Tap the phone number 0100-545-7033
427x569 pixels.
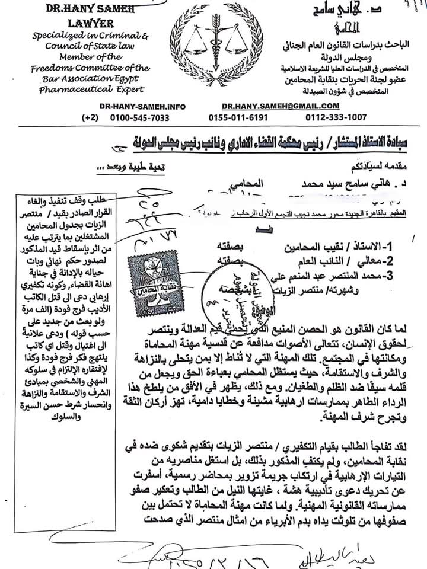point(140,117)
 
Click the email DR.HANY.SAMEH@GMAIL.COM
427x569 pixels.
point(272,106)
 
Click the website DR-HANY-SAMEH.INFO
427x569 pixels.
point(142,106)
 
